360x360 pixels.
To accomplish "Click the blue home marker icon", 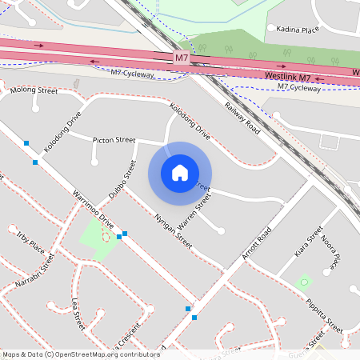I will click(180, 173).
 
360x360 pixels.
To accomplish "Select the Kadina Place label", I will click(298, 29).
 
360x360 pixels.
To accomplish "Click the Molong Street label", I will click(34, 90).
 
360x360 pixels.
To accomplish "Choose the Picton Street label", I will click(114, 140).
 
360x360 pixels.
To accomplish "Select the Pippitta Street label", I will click(324, 314).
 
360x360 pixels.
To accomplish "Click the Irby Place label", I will click(30, 241).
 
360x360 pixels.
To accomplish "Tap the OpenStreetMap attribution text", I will click(81, 354).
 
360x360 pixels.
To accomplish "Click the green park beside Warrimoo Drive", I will click(97, 240).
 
